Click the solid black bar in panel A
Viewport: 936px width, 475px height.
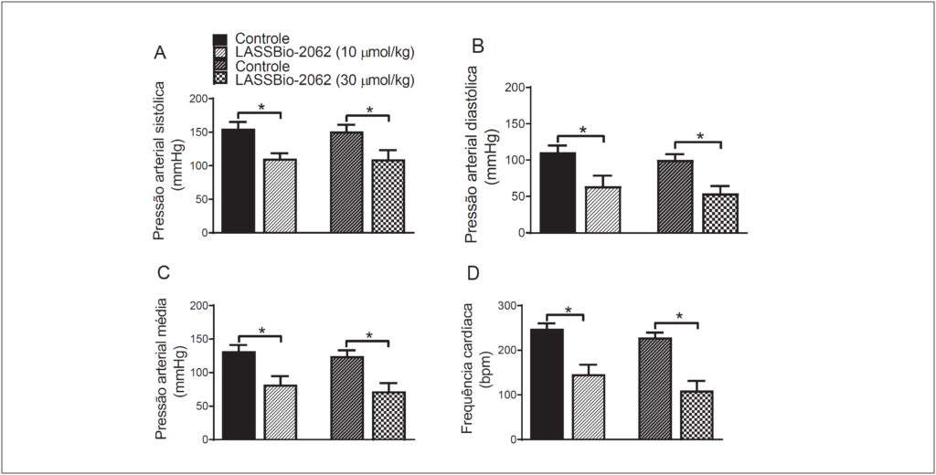coord(239,180)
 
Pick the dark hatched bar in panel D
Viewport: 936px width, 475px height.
coord(654,388)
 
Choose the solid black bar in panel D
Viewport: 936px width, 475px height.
coord(547,385)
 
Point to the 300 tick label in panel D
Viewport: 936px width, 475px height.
coord(509,305)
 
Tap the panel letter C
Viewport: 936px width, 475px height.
coord(164,272)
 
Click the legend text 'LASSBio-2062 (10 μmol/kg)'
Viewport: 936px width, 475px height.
coord(324,52)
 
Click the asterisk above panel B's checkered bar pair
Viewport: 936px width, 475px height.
coord(699,137)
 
